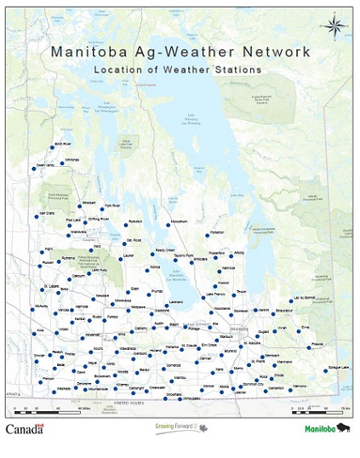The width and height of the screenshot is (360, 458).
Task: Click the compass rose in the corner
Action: [x=334, y=26]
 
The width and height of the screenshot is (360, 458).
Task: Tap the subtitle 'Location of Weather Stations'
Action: [x=177, y=69]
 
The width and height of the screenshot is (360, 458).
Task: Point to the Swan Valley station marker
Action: [x=34, y=169]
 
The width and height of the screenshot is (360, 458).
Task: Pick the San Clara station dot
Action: [x=37, y=217]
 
